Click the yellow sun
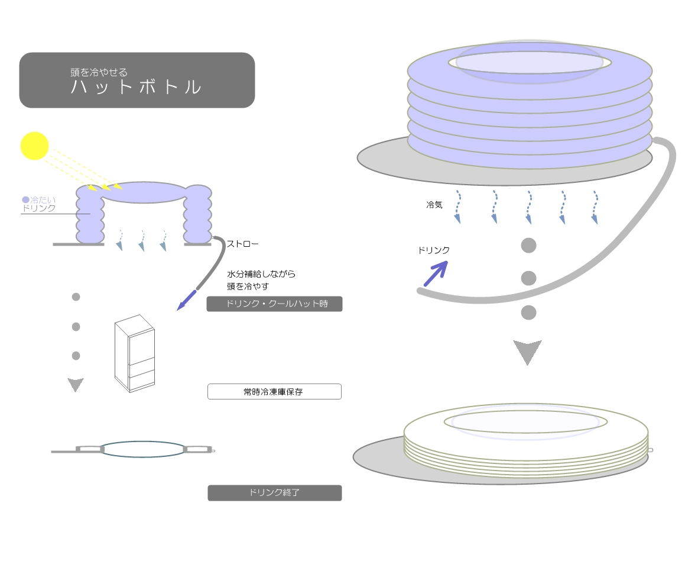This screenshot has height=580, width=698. pyautogui.click(x=34, y=146)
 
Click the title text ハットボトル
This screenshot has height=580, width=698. pyautogui.click(x=136, y=87)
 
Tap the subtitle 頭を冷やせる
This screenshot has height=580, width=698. pyautogui.click(x=99, y=72)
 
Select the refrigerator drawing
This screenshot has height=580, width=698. pyautogui.click(x=135, y=353)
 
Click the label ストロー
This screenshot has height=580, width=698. pyautogui.click(x=242, y=243)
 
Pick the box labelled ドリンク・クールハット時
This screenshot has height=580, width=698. pyautogui.click(x=274, y=304)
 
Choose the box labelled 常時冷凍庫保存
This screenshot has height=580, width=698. pyautogui.click(x=274, y=391)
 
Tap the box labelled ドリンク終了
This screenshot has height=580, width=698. pyautogui.click(x=274, y=492)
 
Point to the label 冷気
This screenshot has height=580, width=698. pyautogui.click(x=434, y=205)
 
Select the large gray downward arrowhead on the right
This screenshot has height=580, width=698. pyautogui.click(x=527, y=352)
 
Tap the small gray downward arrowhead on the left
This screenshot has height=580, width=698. pyautogui.click(x=76, y=385)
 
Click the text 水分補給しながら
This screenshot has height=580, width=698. pyautogui.click(x=261, y=274)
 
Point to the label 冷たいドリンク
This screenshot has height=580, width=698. pyautogui.click(x=38, y=204)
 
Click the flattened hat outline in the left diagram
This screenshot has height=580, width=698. pyautogui.click(x=142, y=449)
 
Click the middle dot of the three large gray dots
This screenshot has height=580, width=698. pyautogui.click(x=528, y=278)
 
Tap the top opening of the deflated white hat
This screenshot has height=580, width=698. pyautogui.click(x=526, y=422)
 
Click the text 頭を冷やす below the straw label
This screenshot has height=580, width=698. pyautogui.click(x=248, y=286)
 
